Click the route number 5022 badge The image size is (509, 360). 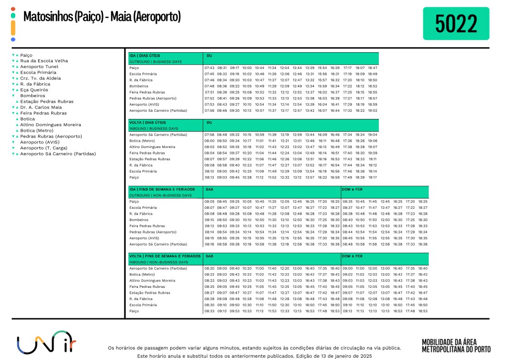coord(455,23)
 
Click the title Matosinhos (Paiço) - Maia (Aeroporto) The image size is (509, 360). coord(102,17)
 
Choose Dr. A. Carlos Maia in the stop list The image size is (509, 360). coord(41,107)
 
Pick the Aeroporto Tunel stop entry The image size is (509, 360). coord(39,67)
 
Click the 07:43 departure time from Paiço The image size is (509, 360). coord(209,68)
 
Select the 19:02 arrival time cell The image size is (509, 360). coord(372,110)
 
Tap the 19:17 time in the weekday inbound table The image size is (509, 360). coord(372,178)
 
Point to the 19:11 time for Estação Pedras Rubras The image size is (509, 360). coord(372,159)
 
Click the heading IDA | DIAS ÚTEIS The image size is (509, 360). coord(145,55)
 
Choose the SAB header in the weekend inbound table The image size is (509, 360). coord(210,256)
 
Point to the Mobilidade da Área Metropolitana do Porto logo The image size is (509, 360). coord(455,345)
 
